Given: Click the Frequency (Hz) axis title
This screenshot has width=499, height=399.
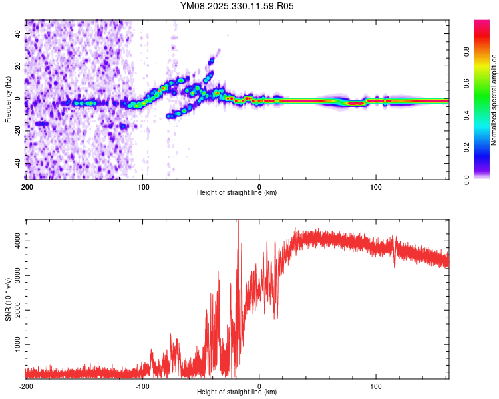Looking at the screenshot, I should [x=8, y=100].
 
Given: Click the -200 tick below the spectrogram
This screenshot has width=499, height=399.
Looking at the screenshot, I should [x=25, y=187].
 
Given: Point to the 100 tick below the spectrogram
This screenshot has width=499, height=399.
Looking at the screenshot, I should [x=376, y=187].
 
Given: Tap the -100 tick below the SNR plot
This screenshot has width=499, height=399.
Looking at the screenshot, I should [x=142, y=386].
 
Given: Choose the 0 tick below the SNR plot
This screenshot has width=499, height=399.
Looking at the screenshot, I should [x=259, y=386].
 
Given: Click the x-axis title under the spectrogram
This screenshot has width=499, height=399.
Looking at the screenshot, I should [x=237, y=193].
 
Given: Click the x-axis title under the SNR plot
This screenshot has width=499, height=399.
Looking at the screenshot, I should [x=237, y=392].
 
